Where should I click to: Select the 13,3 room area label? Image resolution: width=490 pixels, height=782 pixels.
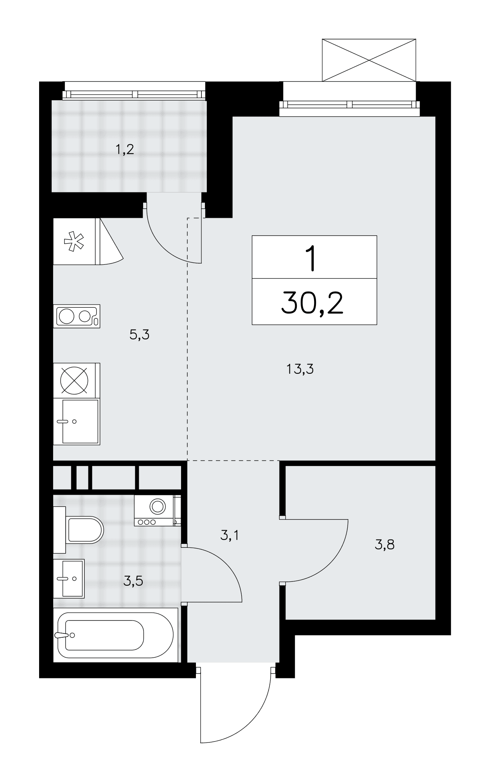coord(300,369)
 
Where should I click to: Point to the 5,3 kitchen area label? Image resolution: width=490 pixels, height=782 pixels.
coord(140,335)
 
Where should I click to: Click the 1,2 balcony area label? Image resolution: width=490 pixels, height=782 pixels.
coord(125,150)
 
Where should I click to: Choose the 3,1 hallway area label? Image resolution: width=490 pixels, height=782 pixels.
coord(230,535)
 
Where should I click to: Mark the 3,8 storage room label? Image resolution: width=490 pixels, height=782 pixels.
coord(384,544)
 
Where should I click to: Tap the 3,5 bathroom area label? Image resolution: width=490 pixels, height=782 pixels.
coord(133,581)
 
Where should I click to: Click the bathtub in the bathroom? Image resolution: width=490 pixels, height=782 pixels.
coord(115,635)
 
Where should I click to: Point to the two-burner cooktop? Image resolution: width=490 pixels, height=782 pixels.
coord(77,316)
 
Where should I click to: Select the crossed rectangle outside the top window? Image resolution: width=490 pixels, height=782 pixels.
coord(369,60)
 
